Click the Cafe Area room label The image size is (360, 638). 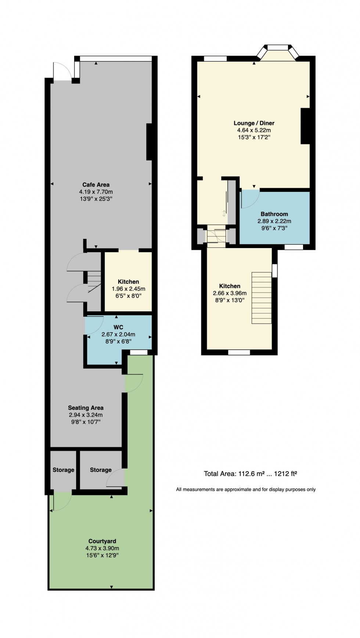(96, 184)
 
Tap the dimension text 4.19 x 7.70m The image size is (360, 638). (96, 192)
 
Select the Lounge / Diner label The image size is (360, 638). (254, 123)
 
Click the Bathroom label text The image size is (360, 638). (274, 214)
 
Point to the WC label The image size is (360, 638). (118, 327)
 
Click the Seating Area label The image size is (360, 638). (86, 408)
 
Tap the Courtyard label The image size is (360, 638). (102, 541)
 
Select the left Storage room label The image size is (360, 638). (63, 470)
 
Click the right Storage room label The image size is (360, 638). (101, 470)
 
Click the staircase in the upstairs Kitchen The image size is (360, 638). (262, 298)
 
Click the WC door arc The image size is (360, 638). (93, 325)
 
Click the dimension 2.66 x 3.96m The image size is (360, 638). (230, 293)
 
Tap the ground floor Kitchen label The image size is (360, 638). (128, 282)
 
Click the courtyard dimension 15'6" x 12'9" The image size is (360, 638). (102, 555)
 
